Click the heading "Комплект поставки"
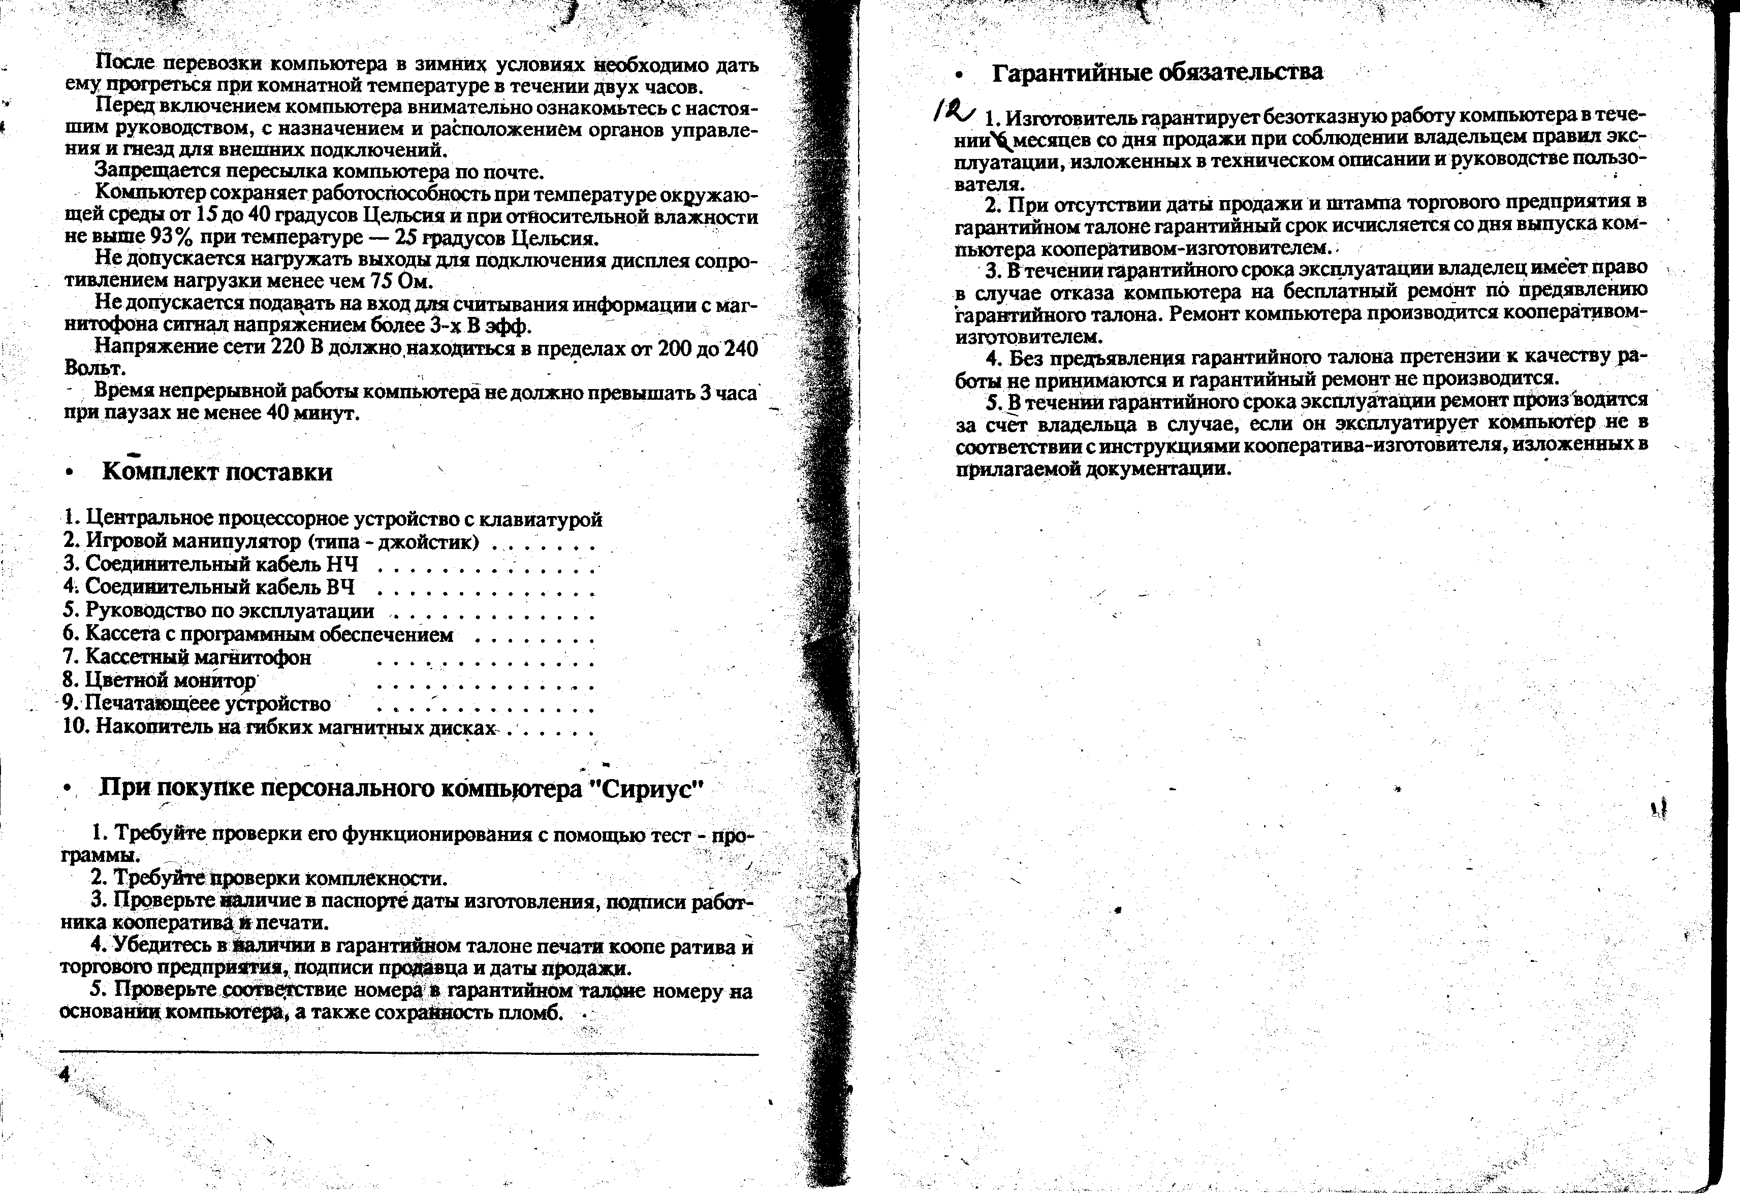tap(217, 472)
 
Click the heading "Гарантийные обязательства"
tap(1157, 73)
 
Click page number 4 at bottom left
tap(65, 1074)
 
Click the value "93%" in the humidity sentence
tap(172, 238)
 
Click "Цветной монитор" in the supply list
tap(170, 681)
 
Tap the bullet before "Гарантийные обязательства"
tap(958, 74)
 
